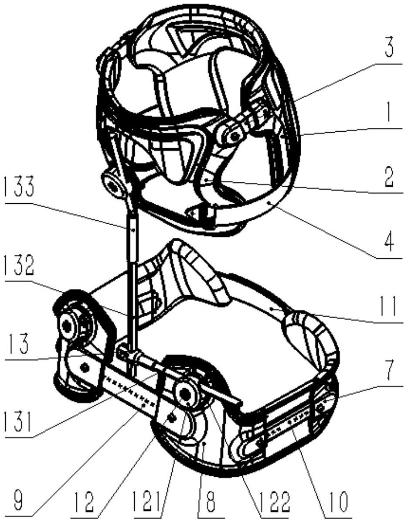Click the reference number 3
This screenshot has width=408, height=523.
(389, 49)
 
